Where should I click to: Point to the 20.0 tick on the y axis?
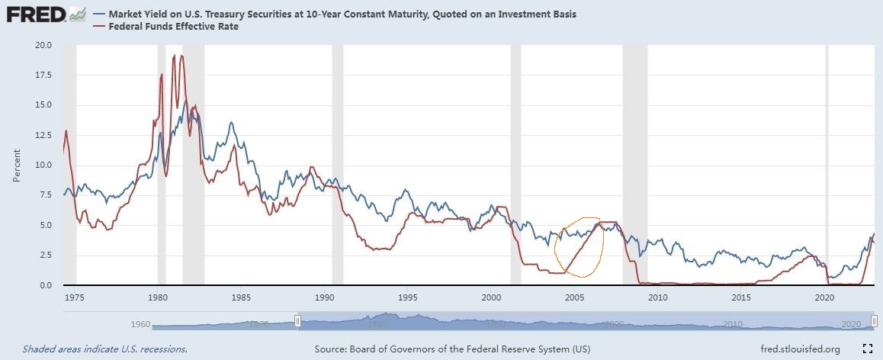[x=43, y=45]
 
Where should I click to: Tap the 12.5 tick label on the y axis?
[x=43, y=135]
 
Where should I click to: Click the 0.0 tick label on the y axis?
[x=46, y=285]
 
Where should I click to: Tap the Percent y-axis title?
[x=17, y=165]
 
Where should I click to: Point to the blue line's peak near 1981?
[x=186, y=100]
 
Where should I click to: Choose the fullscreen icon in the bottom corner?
[x=867, y=349]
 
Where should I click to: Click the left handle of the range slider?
[x=297, y=322]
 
